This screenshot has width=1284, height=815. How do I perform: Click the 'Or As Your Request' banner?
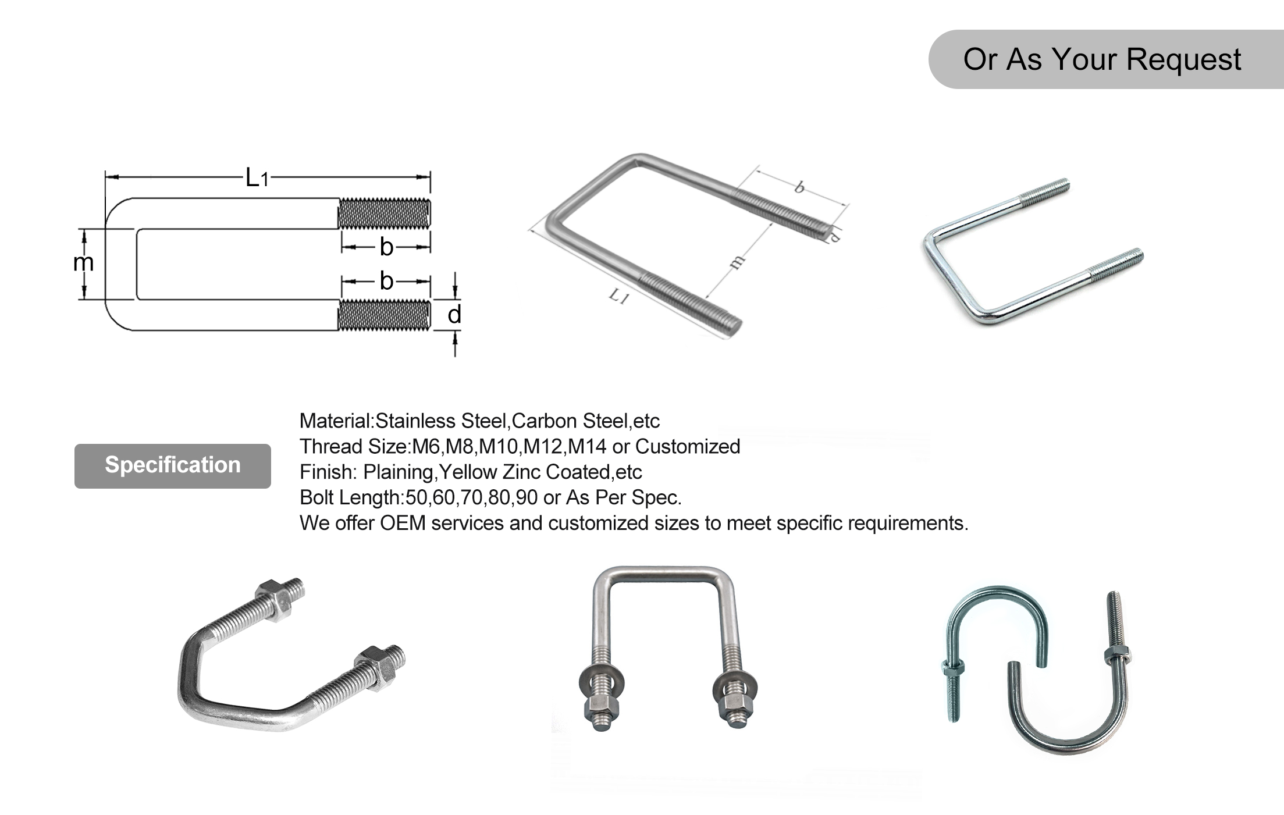point(1102,59)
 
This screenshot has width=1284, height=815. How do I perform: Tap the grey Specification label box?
point(172,465)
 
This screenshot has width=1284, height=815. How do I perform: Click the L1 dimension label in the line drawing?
point(257,177)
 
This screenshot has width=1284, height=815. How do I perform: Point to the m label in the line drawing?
point(83,262)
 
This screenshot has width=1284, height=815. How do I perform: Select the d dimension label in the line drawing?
point(454,314)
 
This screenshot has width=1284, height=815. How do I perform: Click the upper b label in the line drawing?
point(386,247)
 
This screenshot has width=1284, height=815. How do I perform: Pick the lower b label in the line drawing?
point(386,281)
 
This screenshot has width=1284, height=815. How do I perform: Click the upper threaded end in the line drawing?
point(385,213)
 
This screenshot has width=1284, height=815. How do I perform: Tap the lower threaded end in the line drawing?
point(385,315)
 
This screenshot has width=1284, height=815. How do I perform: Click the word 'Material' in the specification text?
point(335,421)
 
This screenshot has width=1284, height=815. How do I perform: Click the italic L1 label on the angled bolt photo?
point(619,297)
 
